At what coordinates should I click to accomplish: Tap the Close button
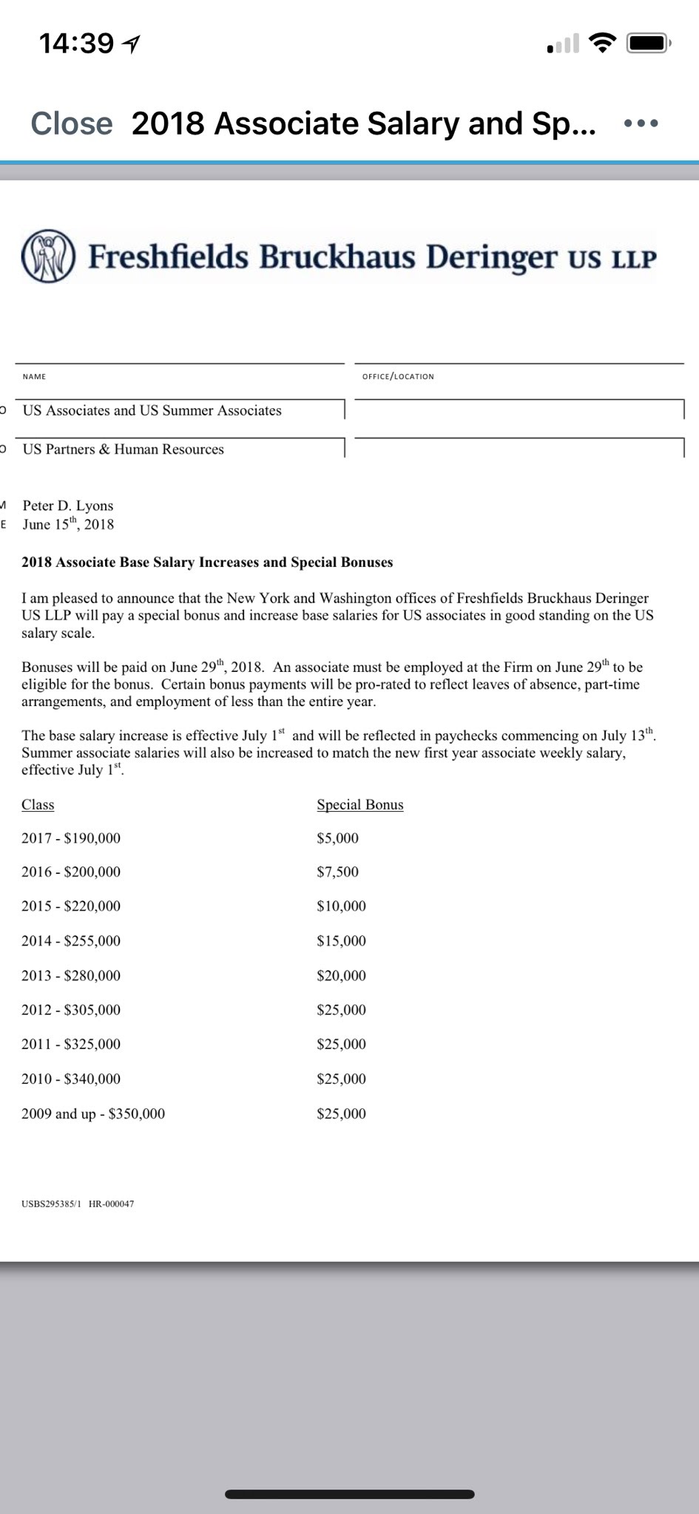(72, 123)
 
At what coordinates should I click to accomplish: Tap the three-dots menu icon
(641, 123)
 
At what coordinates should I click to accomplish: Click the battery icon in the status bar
(648, 44)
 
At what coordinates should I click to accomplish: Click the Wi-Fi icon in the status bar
(603, 44)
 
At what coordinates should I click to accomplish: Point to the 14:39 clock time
(76, 44)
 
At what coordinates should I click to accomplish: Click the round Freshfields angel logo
(48, 257)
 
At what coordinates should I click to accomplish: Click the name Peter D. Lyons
(68, 506)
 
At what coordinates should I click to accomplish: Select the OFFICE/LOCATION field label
(398, 377)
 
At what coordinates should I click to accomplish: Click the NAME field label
(34, 377)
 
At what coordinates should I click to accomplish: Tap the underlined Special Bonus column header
(360, 805)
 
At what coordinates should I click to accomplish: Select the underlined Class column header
(38, 805)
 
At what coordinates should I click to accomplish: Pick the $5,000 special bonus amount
(337, 838)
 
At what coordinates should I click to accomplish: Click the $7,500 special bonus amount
(337, 872)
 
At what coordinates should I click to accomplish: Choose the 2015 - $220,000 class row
(71, 906)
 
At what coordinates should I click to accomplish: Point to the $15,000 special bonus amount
(341, 941)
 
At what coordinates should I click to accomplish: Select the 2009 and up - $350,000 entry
(93, 1114)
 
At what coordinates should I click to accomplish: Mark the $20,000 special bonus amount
(341, 976)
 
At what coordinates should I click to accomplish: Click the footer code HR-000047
(111, 1204)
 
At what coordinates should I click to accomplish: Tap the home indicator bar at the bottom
(349, 1494)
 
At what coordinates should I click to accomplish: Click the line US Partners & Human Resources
(124, 449)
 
